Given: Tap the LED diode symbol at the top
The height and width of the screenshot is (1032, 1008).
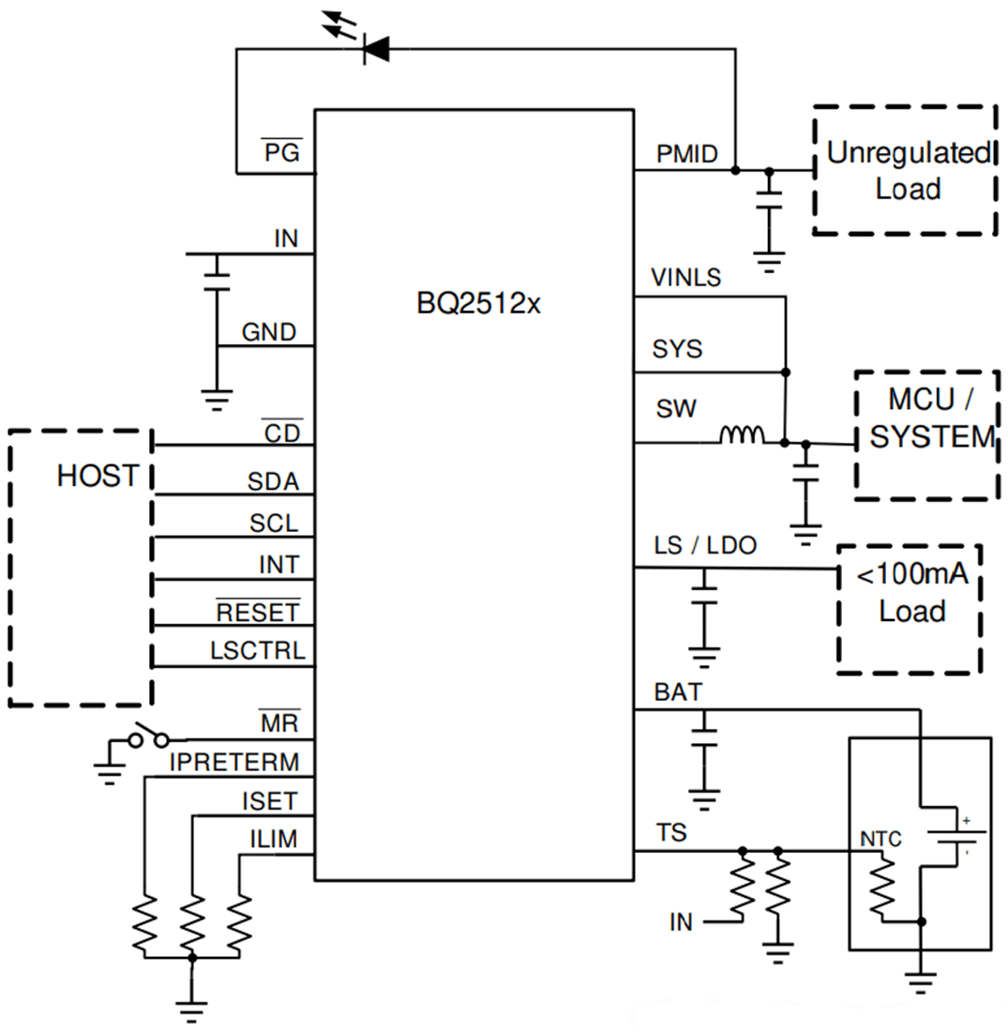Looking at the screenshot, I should coord(375,50).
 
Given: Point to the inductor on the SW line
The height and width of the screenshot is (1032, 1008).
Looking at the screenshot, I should coord(742,436).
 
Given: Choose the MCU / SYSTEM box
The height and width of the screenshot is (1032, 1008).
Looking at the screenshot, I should coord(925,433).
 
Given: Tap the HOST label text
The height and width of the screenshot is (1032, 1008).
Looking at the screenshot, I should coord(98,476).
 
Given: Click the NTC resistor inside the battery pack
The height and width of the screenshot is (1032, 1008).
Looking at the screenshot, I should coord(882,888).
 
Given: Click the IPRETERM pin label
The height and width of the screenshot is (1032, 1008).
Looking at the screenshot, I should coord(233,763).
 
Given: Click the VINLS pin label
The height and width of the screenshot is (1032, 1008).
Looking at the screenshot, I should coord(685,279).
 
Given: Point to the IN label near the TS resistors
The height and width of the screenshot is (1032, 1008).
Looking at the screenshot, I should coord(681,922).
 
